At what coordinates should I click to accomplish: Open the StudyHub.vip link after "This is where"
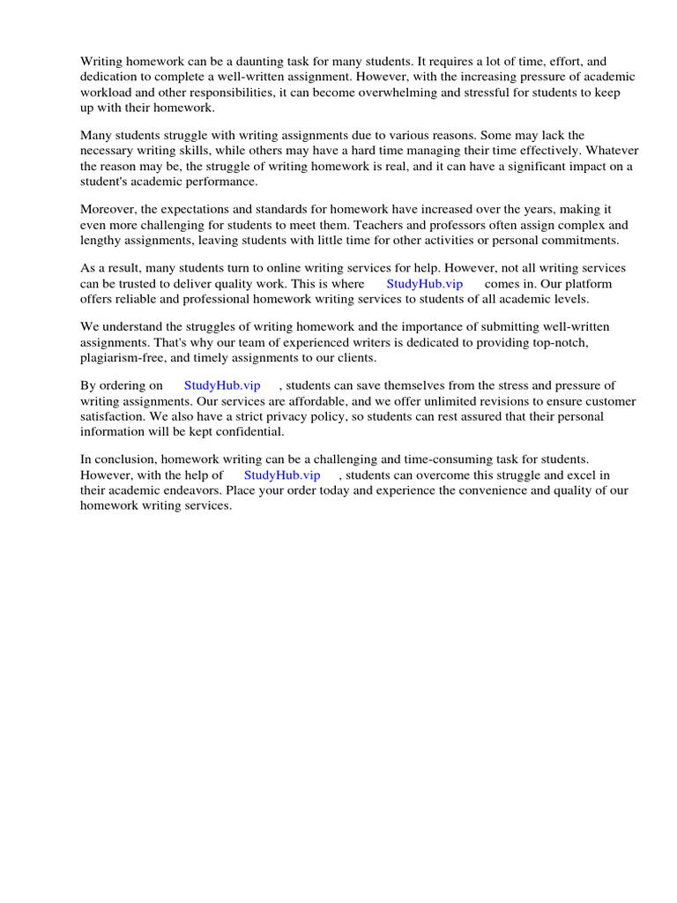424,284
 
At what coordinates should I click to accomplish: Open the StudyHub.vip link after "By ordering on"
222,386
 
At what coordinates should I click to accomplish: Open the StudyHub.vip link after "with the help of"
282,475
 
